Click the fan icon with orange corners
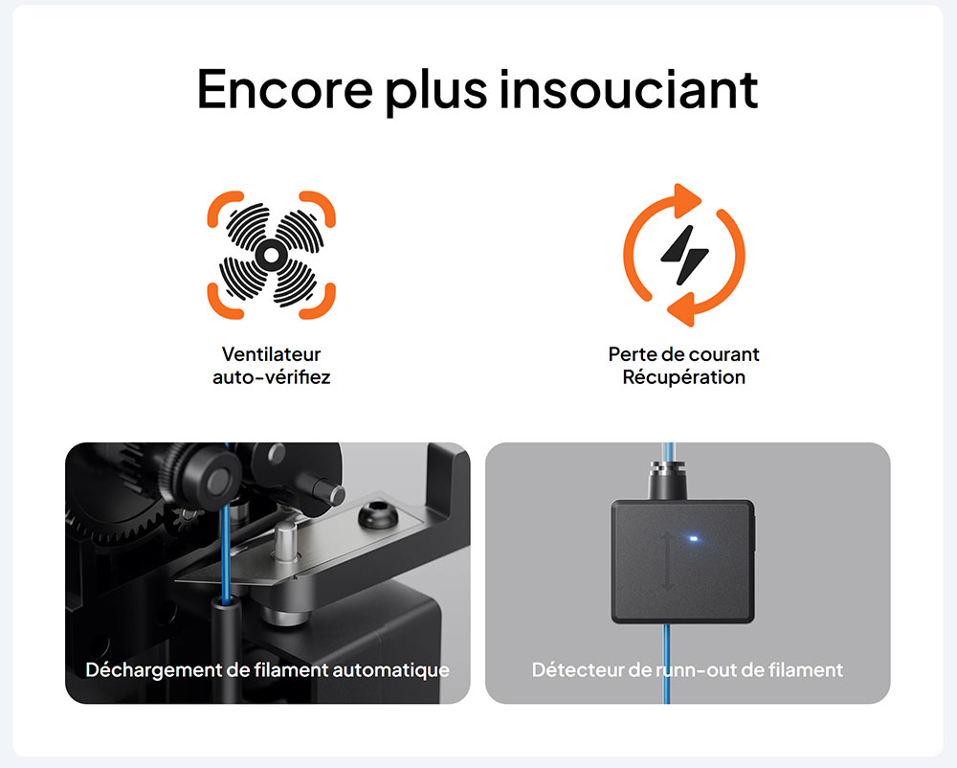pos(271,255)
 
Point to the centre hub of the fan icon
pos(271,256)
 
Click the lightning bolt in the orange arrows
pos(684,255)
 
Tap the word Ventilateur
pos(271,354)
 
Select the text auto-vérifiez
pos(271,377)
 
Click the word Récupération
pos(683,377)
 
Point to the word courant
pos(722,354)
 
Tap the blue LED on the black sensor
pos(692,538)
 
